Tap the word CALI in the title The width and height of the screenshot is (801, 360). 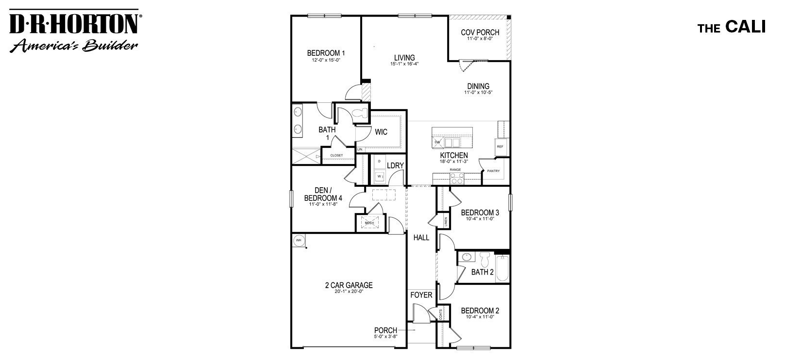click(745, 28)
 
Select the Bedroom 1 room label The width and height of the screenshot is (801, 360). click(326, 53)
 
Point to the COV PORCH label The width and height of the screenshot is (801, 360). click(480, 33)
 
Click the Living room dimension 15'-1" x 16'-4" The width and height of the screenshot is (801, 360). click(404, 64)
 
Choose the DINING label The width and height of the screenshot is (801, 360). click(478, 86)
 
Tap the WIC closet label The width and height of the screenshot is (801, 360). click(381, 132)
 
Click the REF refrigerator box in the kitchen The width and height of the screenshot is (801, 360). click(500, 147)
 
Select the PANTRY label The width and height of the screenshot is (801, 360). click(493, 171)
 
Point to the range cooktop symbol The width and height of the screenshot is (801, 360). click(457, 179)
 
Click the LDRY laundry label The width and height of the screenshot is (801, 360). click(395, 165)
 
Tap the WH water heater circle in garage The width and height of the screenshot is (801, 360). click(299, 240)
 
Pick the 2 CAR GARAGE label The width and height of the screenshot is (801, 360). click(349, 285)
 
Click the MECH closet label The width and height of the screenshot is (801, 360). click(369, 223)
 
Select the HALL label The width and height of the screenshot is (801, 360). click(421, 238)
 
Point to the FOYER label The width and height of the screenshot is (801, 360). click(421, 295)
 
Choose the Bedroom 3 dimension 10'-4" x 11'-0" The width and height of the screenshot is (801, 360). click(480, 219)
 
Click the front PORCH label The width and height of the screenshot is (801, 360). click(385, 330)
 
